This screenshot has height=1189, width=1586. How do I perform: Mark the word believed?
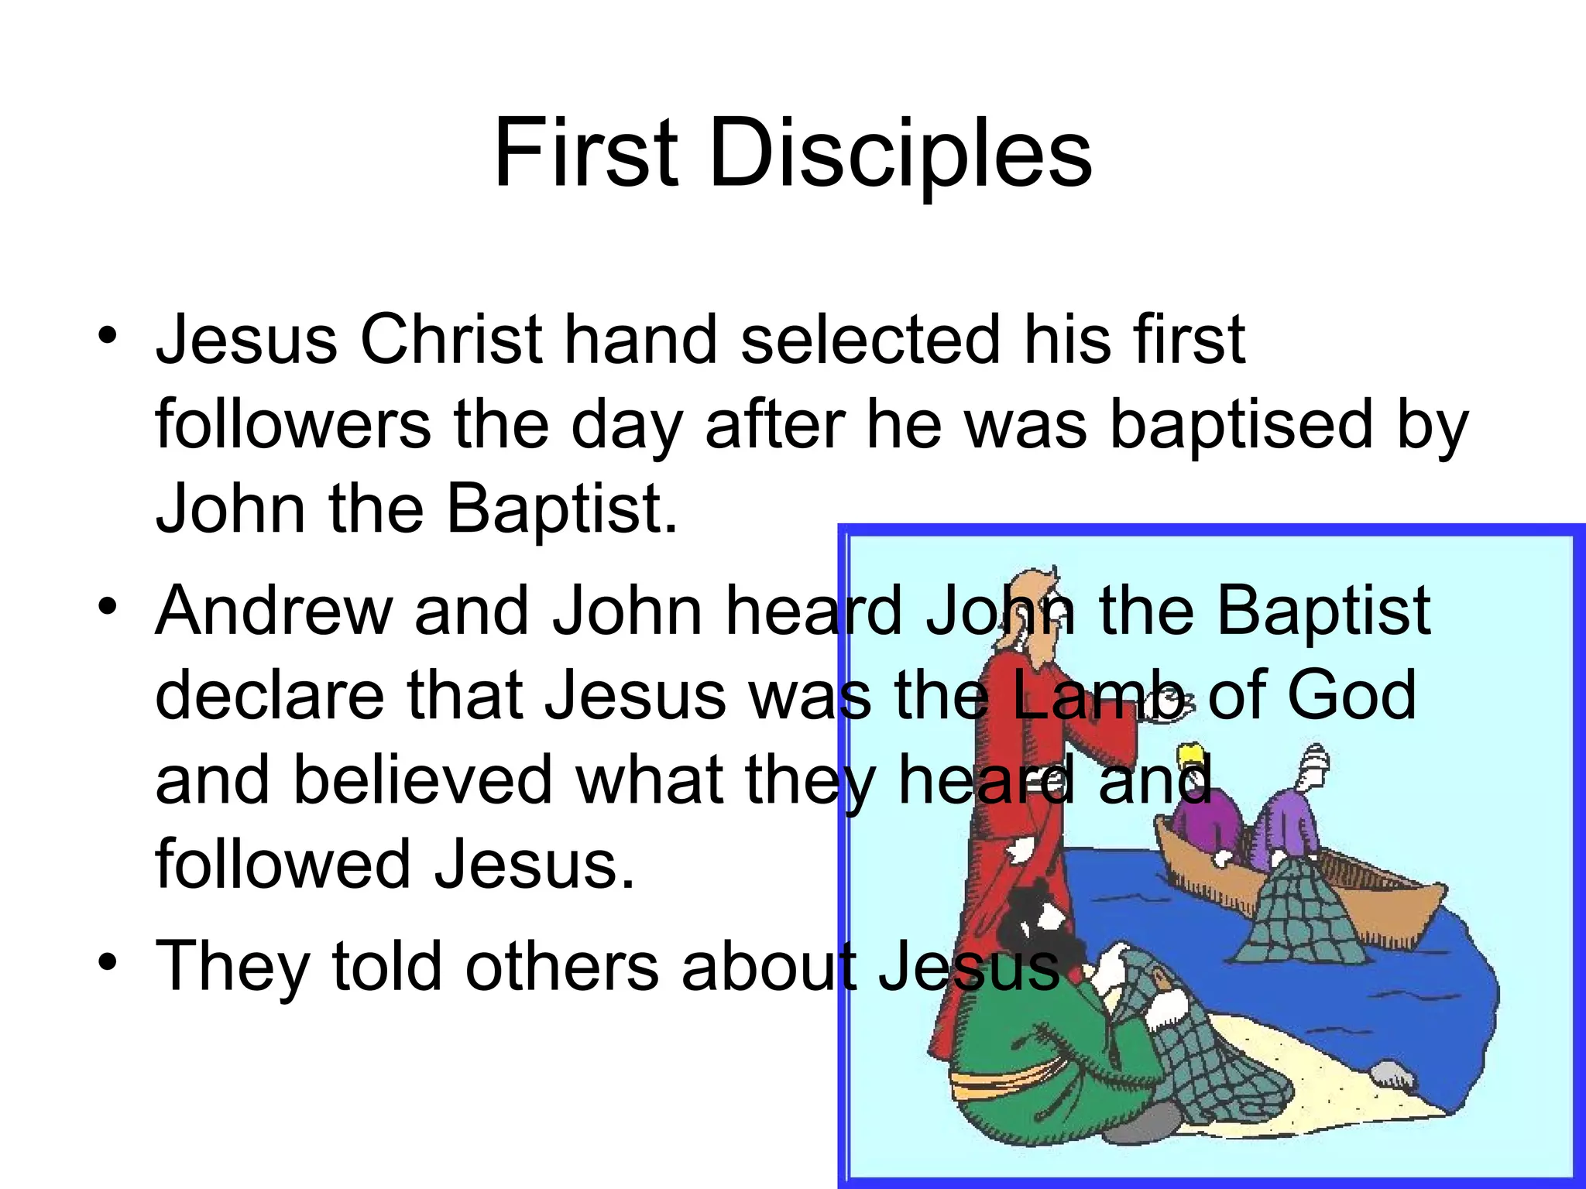coord(423,780)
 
